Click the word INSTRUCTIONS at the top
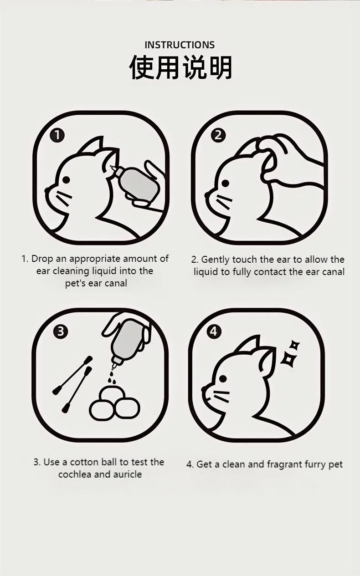click(x=180, y=45)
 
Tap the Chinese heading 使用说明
click(x=180, y=68)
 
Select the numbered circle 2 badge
click(x=218, y=135)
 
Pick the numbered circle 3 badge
click(x=61, y=331)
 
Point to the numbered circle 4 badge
click(x=214, y=331)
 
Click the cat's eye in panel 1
click(x=67, y=180)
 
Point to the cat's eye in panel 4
click(x=223, y=378)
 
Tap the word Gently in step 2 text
click(x=216, y=260)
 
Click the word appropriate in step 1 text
click(x=95, y=259)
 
